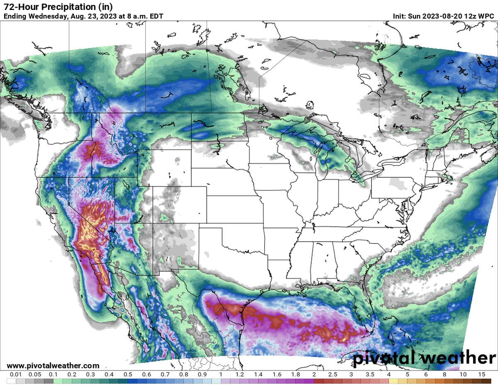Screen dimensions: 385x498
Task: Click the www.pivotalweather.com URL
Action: [53, 365]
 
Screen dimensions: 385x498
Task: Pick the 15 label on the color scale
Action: [481, 374]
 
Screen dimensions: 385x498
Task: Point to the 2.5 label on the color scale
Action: [332, 374]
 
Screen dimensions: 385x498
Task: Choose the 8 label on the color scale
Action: [444, 374]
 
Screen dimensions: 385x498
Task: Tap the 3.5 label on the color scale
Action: [369, 374]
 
